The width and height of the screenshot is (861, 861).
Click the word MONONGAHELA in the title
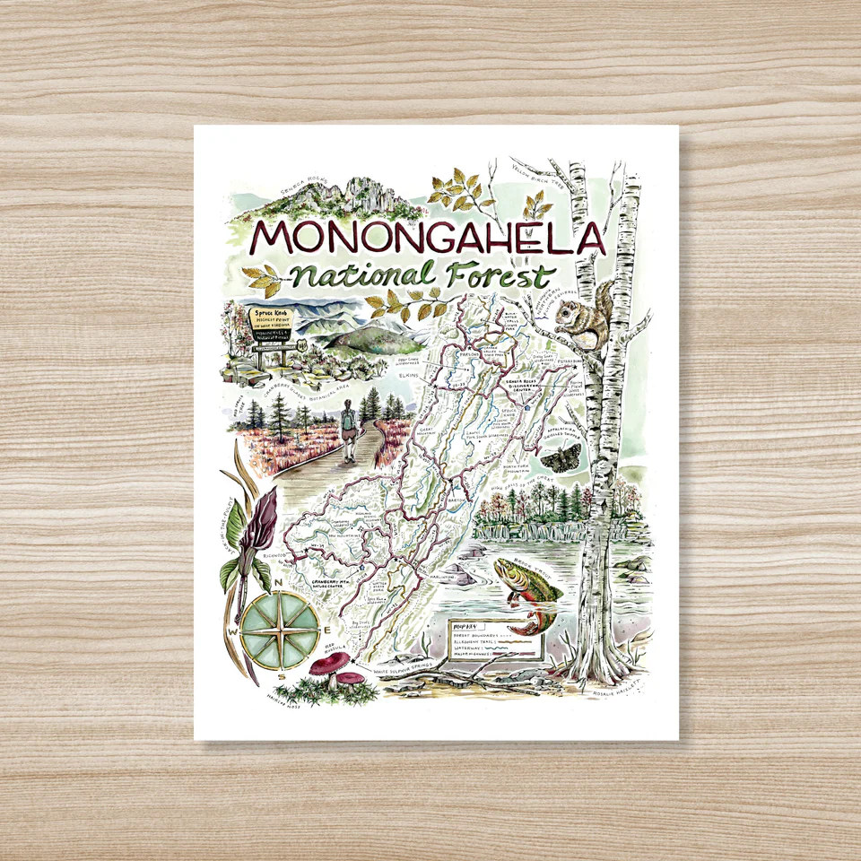pos(429,237)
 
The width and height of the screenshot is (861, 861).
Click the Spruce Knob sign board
pos(270,327)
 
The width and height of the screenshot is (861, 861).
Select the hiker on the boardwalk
pos(349,428)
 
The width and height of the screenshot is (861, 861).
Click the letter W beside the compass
pos(233,630)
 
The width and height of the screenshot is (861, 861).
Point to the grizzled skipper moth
pos(558,459)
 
